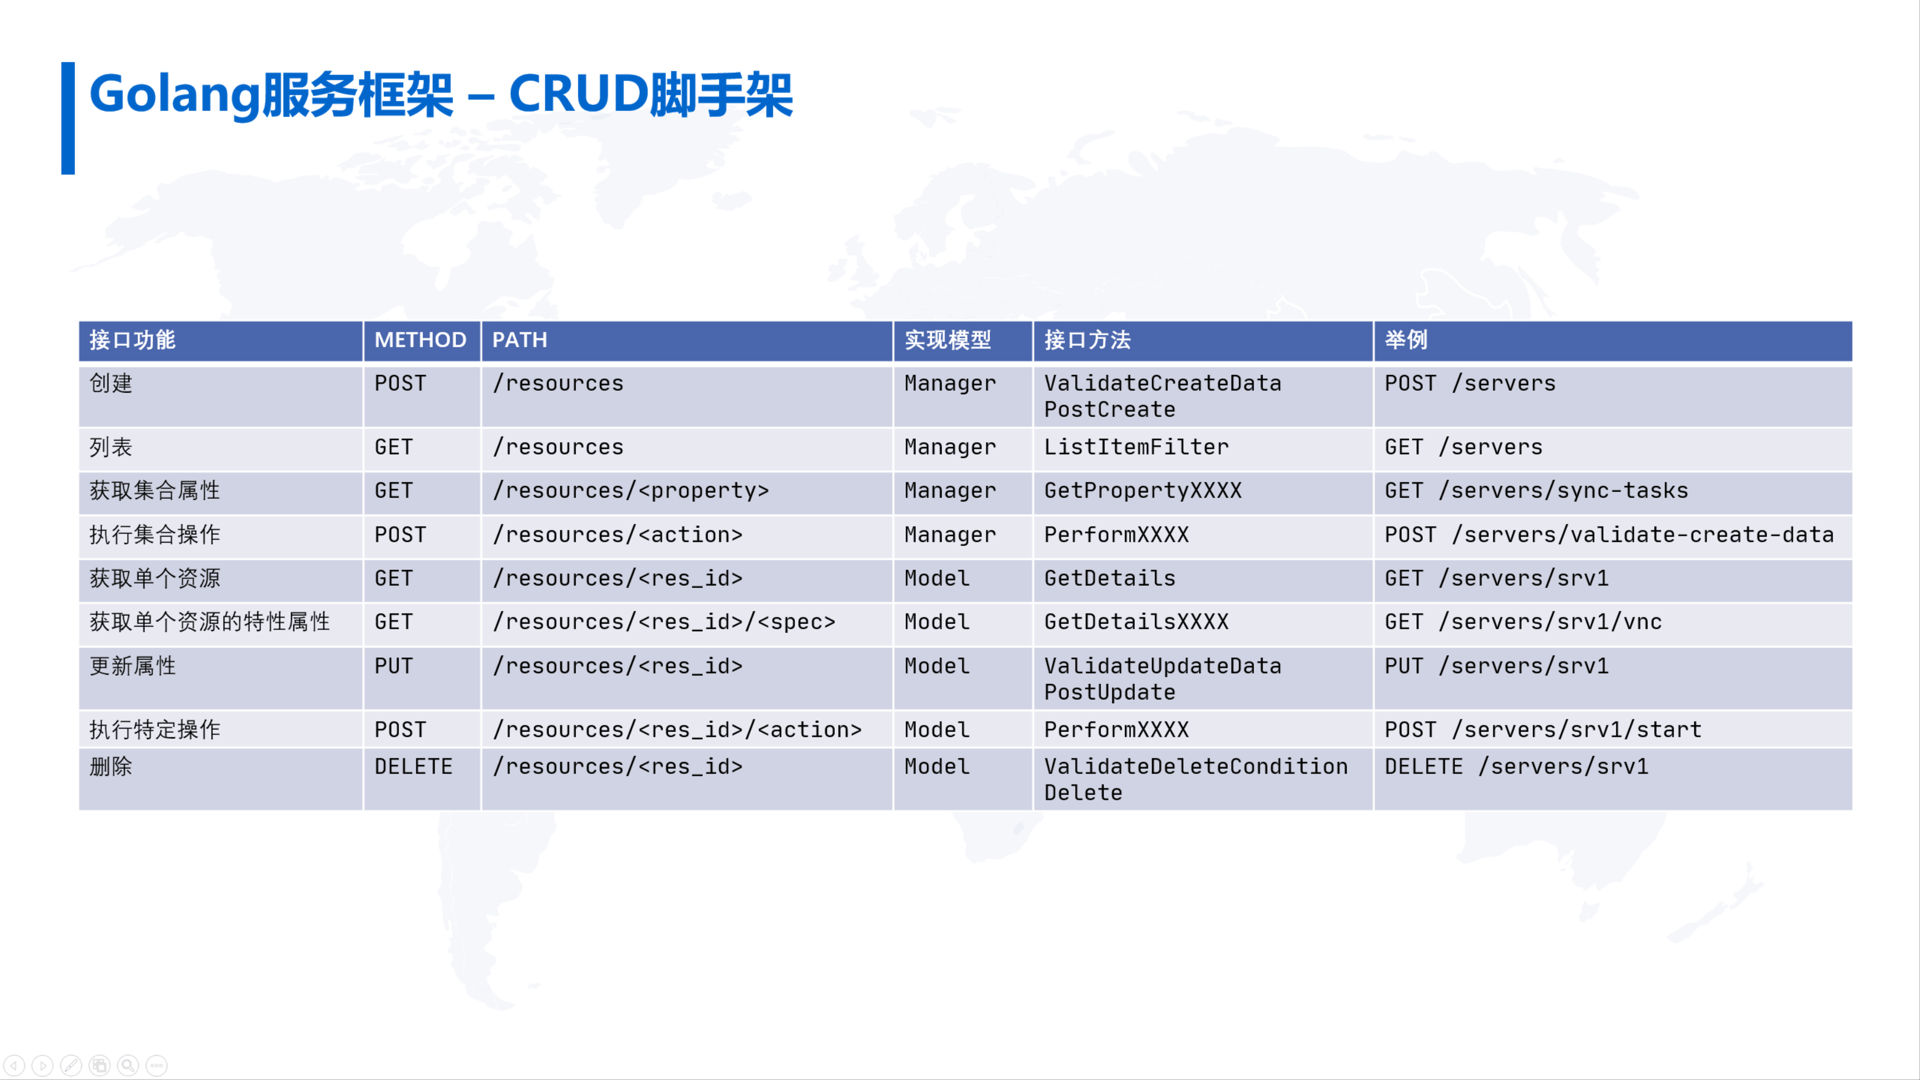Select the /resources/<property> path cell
[x=630, y=490]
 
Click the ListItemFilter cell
[x=1136, y=447]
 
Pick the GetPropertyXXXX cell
[x=1143, y=490]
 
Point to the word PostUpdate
[x=1110, y=693]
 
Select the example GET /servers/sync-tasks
[x=1536, y=490]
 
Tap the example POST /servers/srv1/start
[x=1543, y=730]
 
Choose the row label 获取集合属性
[x=154, y=490]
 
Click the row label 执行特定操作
[x=154, y=730]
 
